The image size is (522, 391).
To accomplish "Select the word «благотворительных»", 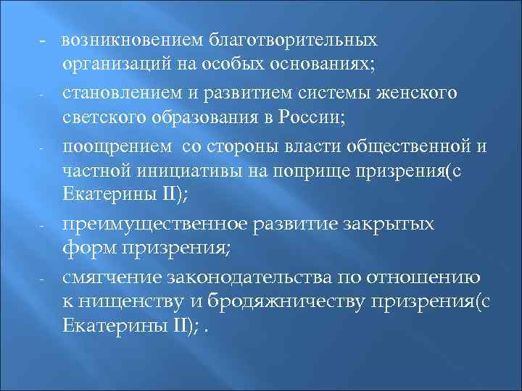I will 294,38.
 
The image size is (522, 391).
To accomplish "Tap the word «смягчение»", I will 108,277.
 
